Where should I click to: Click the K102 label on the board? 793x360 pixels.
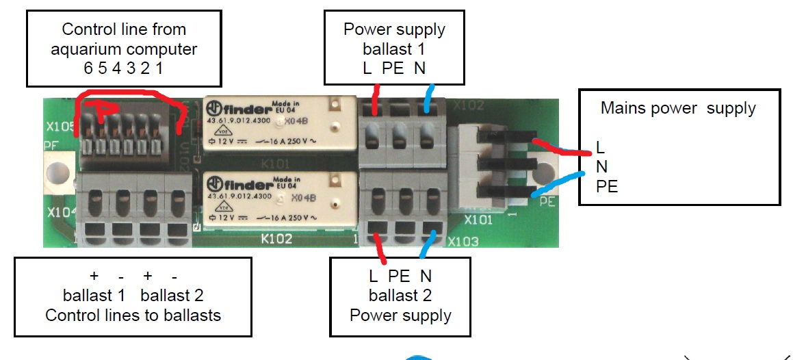[x=276, y=239]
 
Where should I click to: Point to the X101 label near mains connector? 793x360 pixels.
[x=478, y=220]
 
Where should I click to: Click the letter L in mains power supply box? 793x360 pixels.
[x=600, y=147]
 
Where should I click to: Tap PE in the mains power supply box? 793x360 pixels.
[x=607, y=186]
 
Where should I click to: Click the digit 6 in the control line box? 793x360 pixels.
[x=87, y=69]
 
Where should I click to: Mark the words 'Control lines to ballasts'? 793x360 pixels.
[x=133, y=316]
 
